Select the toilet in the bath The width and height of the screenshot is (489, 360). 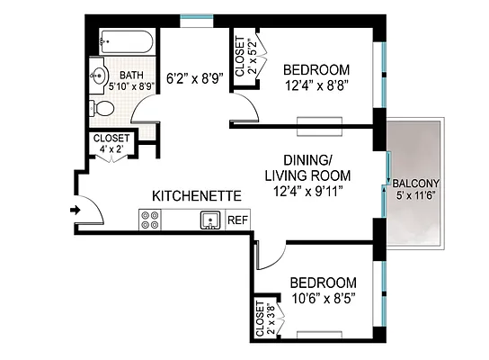[x=104, y=108]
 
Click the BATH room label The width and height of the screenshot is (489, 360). [x=132, y=76]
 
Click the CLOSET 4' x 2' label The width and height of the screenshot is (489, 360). [x=111, y=144]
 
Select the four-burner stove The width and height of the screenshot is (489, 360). [x=149, y=219]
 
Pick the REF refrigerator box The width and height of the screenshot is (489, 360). [x=238, y=220]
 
